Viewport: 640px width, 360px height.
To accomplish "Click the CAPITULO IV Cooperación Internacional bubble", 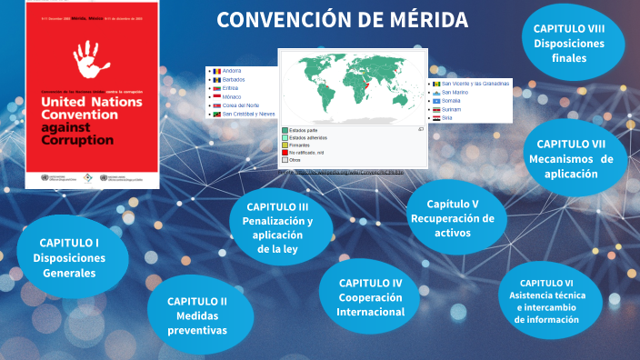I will (x=370, y=297).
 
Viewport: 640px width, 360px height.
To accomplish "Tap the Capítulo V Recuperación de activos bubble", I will (x=452, y=218).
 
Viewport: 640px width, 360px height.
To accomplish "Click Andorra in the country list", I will (x=233, y=70).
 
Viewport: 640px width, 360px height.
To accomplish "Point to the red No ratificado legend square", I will (x=285, y=152).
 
